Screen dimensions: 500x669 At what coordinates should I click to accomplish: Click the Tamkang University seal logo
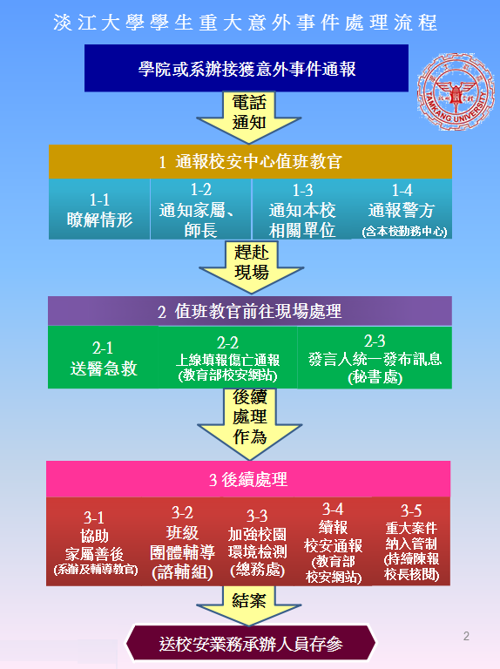click(456, 91)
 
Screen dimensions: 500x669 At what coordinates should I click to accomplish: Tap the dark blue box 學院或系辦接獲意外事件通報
click(247, 68)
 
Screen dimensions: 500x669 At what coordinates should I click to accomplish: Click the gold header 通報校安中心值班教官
click(250, 162)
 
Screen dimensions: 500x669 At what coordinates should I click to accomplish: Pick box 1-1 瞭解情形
click(99, 209)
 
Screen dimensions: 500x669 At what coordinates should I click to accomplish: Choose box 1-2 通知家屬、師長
click(200, 209)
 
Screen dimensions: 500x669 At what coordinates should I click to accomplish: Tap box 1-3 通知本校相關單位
click(302, 209)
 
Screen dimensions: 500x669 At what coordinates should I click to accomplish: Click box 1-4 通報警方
click(402, 209)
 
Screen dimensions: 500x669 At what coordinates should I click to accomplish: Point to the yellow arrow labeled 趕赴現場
click(251, 267)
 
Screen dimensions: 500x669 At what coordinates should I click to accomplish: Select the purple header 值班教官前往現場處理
click(250, 312)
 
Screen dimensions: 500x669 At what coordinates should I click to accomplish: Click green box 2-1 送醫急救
click(104, 357)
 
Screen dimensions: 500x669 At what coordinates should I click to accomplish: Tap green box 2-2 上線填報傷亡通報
click(228, 357)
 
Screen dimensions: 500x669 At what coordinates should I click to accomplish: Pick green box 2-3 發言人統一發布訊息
click(375, 357)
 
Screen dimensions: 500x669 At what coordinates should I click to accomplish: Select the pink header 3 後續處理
click(248, 479)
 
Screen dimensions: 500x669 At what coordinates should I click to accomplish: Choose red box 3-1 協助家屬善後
click(95, 542)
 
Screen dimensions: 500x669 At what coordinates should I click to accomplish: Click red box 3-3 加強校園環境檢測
click(257, 542)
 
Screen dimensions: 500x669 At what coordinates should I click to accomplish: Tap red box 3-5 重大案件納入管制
click(411, 542)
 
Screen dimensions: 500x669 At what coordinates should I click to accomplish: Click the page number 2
click(466, 636)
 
